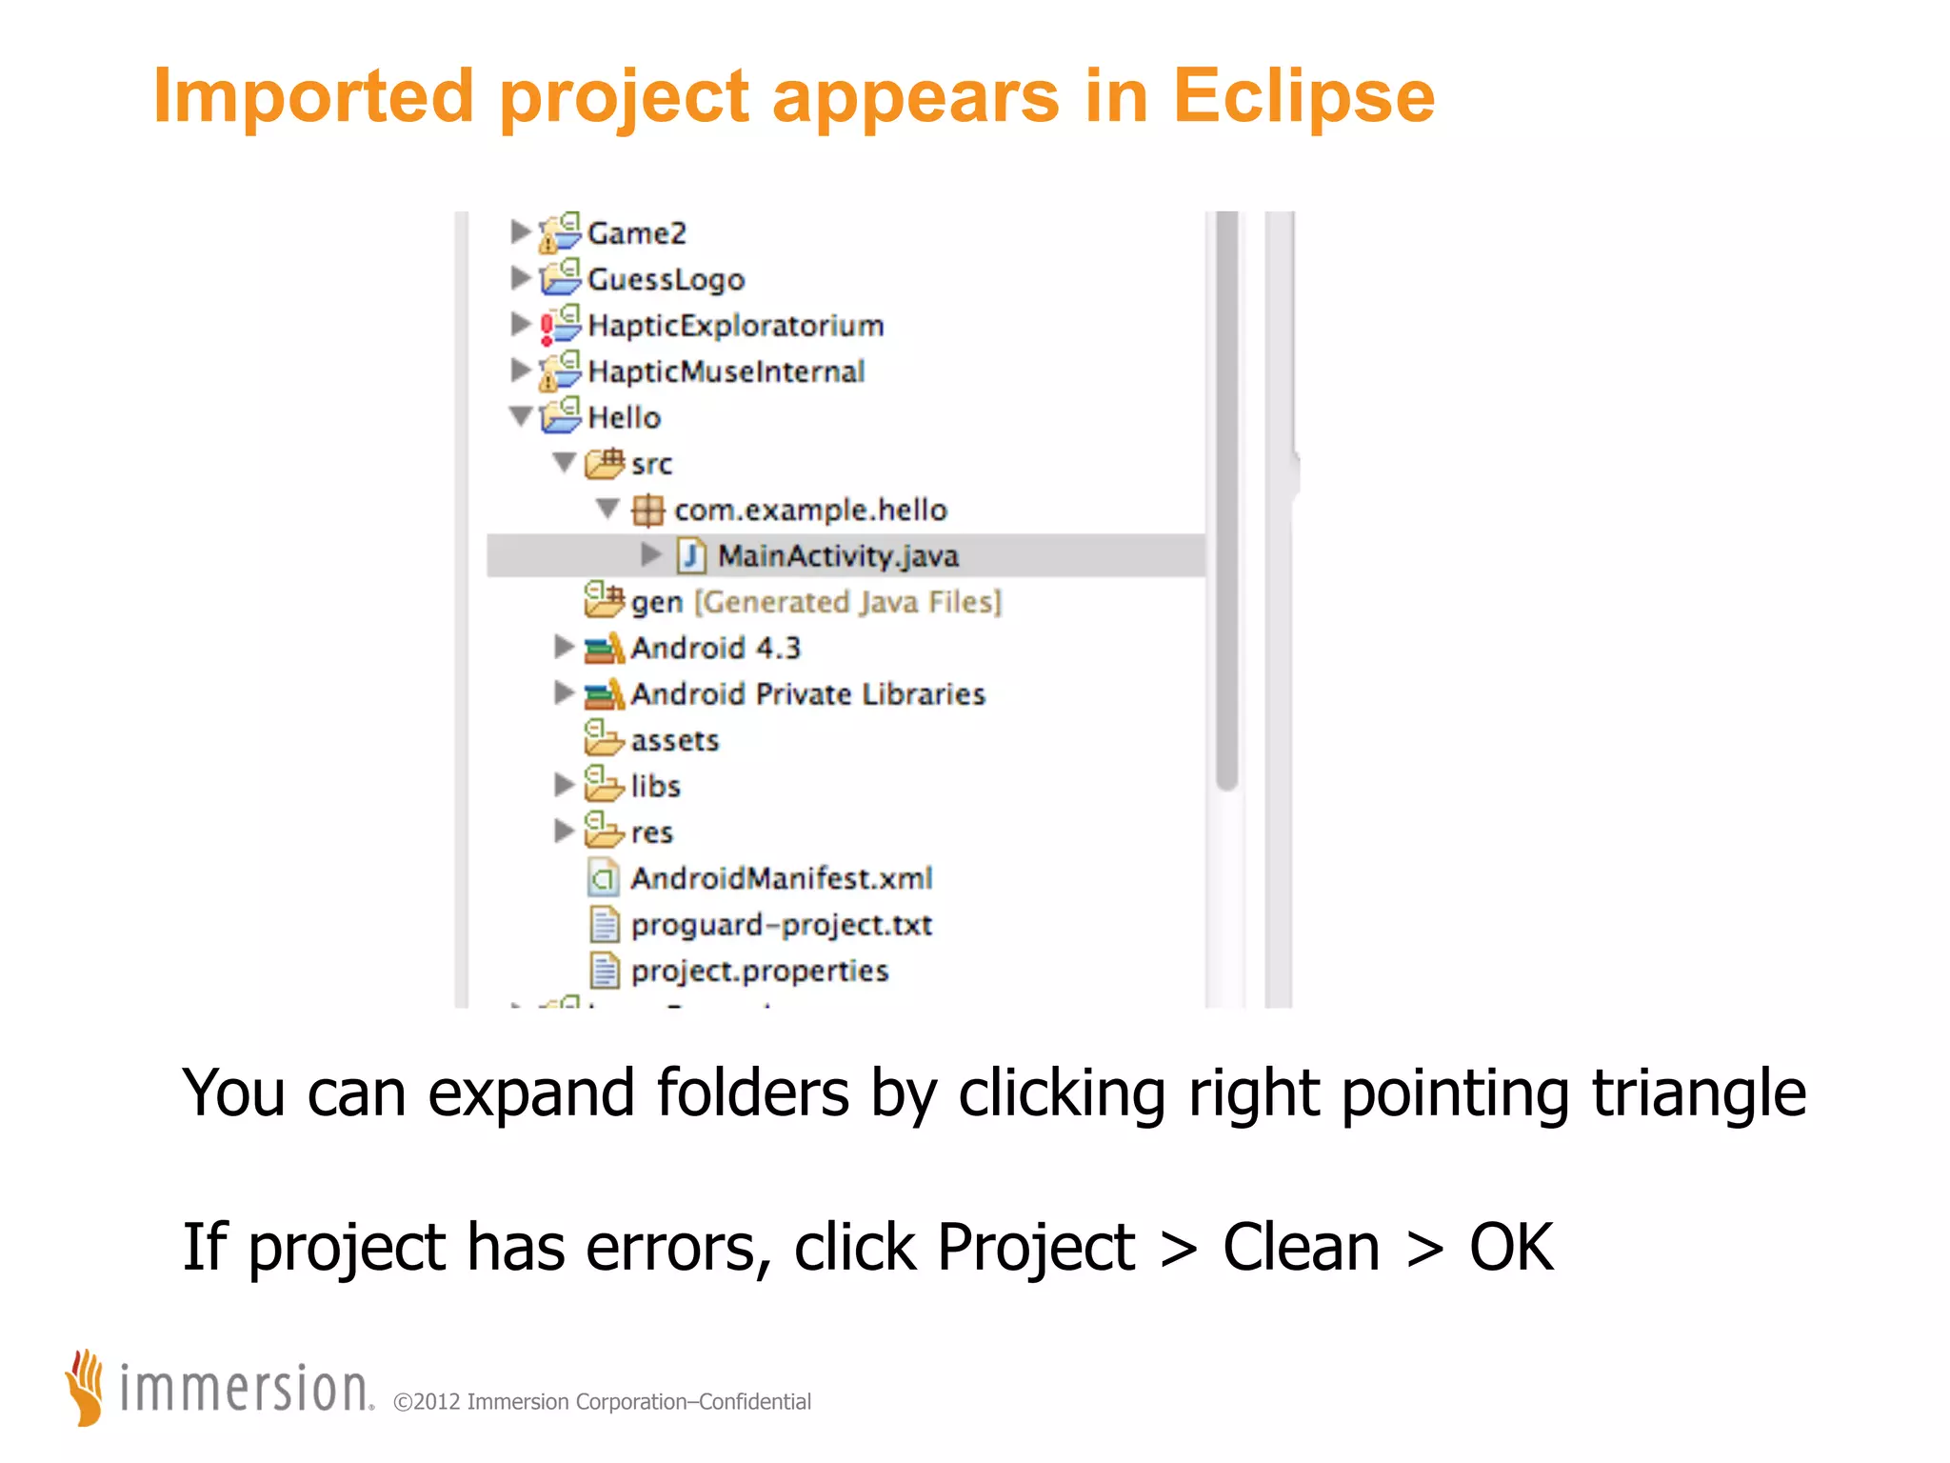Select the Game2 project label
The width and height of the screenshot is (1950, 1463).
pyautogui.click(x=636, y=233)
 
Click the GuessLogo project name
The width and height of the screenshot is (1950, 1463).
pyautogui.click(x=666, y=280)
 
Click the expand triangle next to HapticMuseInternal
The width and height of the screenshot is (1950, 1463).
pyautogui.click(x=520, y=370)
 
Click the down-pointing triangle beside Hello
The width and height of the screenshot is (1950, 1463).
pyautogui.click(x=521, y=416)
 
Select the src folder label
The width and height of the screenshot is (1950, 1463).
pyautogui.click(x=651, y=464)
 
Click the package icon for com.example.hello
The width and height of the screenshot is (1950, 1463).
pyautogui.click(x=647, y=511)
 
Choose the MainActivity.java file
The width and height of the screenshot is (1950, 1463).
pyautogui.click(x=837, y=556)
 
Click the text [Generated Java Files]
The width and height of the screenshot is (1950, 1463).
pyautogui.click(x=847, y=602)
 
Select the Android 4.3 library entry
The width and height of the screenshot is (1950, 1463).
pyautogui.click(x=715, y=649)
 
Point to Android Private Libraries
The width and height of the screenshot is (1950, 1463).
pyautogui.click(x=807, y=694)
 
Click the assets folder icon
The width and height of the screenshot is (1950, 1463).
pyautogui.click(x=603, y=738)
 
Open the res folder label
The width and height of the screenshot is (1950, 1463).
pyautogui.click(x=651, y=832)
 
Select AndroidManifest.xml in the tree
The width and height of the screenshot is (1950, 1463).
pyautogui.click(x=781, y=878)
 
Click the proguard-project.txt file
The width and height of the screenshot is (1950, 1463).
pyautogui.click(x=781, y=925)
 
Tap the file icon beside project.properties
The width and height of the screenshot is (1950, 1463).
pyautogui.click(x=604, y=971)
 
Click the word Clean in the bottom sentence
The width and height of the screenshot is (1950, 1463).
pyautogui.click(x=1301, y=1248)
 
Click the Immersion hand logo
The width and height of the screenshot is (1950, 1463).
pyautogui.click(x=86, y=1387)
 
